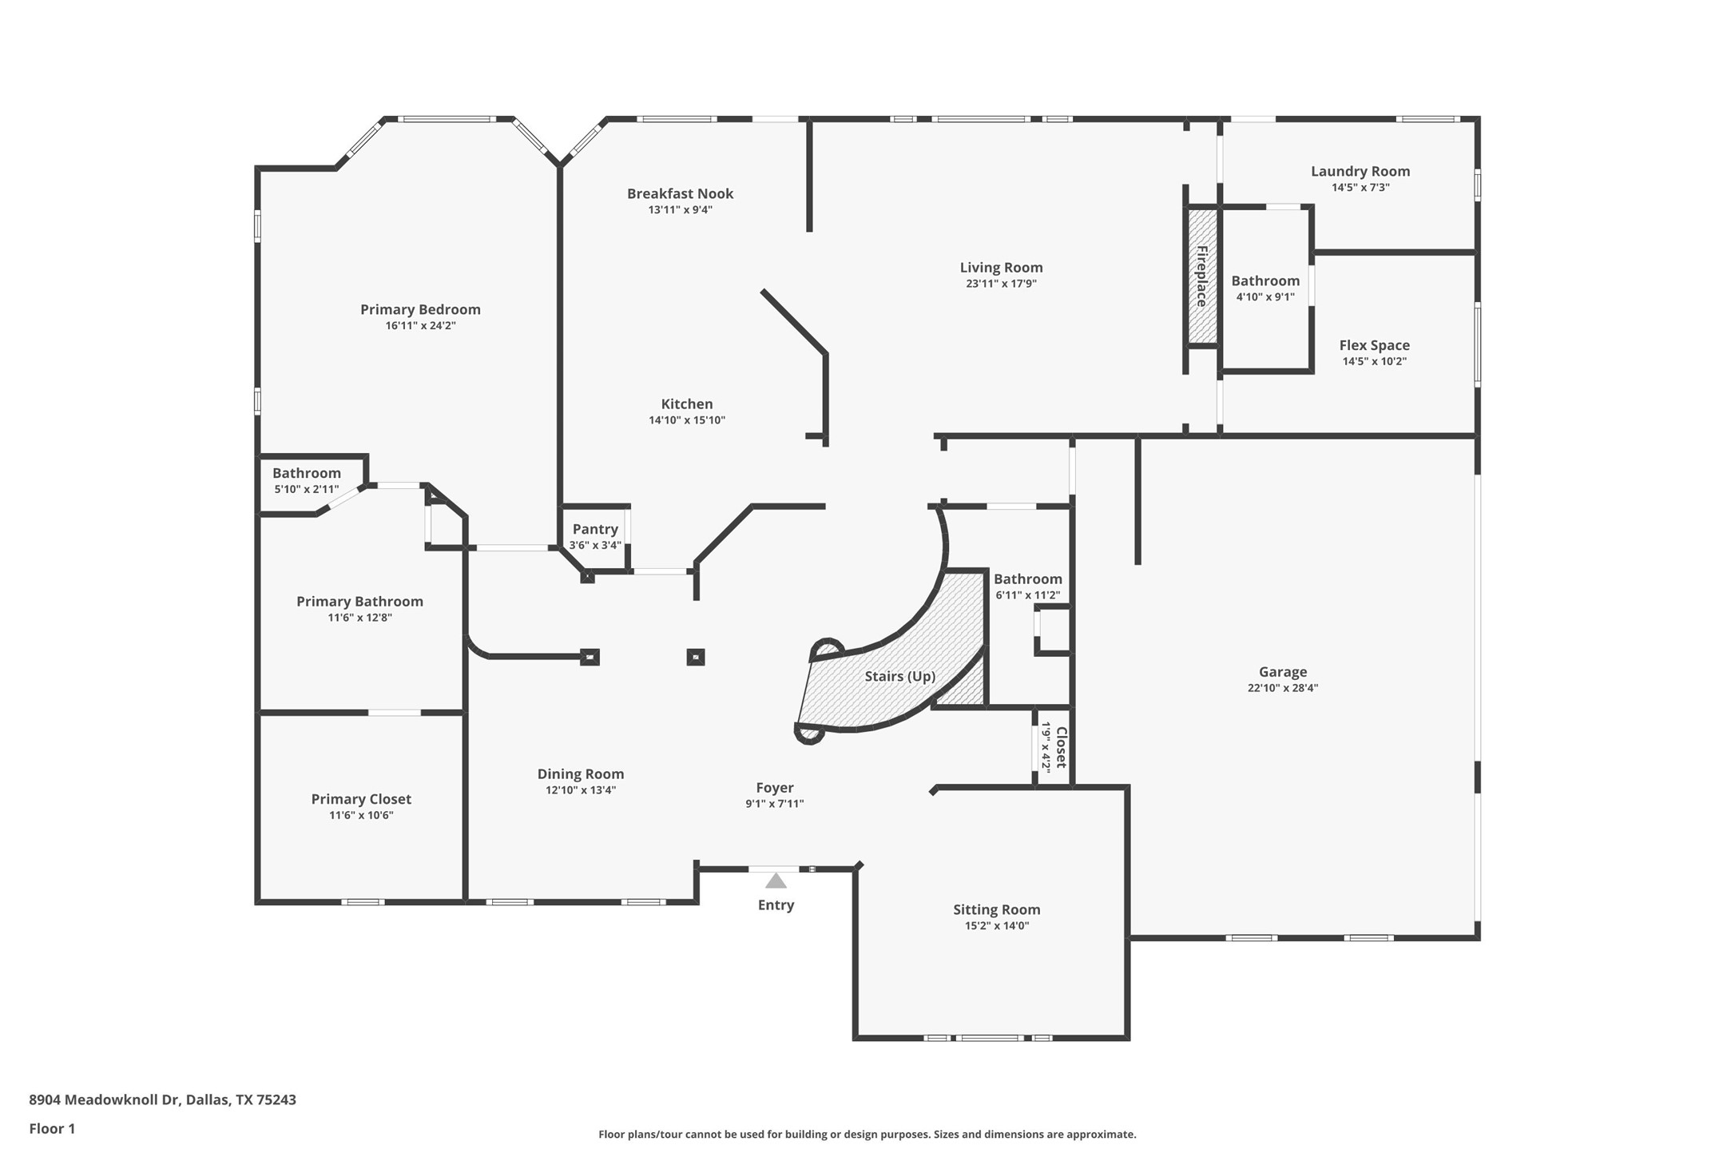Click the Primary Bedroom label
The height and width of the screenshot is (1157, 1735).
pyautogui.click(x=420, y=309)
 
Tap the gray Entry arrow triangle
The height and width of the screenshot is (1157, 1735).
pyautogui.click(x=776, y=881)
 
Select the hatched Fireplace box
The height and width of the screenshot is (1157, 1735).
pyautogui.click(x=1201, y=276)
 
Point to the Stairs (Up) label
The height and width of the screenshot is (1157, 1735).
pyautogui.click(x=899, y=676)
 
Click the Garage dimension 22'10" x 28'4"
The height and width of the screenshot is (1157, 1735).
pyautogui.click(x=1282, y=688)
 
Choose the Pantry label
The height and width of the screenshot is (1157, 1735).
pyautogui.click(x=595, y=529)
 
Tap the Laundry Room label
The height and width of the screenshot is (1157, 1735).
pyautogui.click(x=1360, y=171)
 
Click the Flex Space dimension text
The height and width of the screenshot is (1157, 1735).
pyautogui.click(x=1374, y=361)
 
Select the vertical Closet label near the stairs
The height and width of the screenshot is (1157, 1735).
pyautogui.click(x=1062, y=747)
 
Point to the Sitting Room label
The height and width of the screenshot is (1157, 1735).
pyautogui.click(x=996, y=909)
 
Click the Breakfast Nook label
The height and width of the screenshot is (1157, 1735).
pyautogui.click(x=680, y=193)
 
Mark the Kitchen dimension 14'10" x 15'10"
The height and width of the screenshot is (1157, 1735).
pyautogui.click(x=686, y=420)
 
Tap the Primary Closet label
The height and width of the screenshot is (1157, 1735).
pyautogui.click(x=361, y=799)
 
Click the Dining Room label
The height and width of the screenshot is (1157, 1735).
pyautogui.click(x=580, y=773)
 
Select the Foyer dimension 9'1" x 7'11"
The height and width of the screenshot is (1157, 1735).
pyautogui.click(x=774, y=804)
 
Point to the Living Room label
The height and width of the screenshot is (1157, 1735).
pyautogui.click(x=1001, y=268)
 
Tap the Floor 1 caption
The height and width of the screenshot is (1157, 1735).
pyautogui.click(x=52, y=1128)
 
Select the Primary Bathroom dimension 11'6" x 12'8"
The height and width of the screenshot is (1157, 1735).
pyautogui.click(x=359, y=618)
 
